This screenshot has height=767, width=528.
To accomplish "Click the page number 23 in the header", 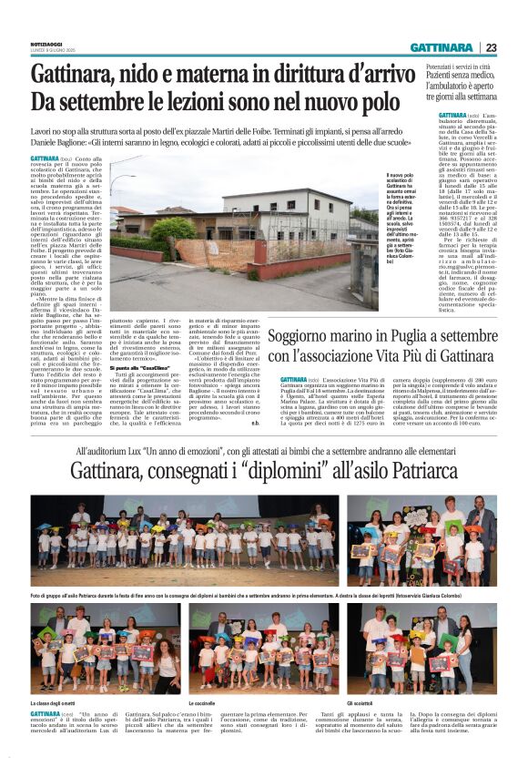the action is [492, 46].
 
